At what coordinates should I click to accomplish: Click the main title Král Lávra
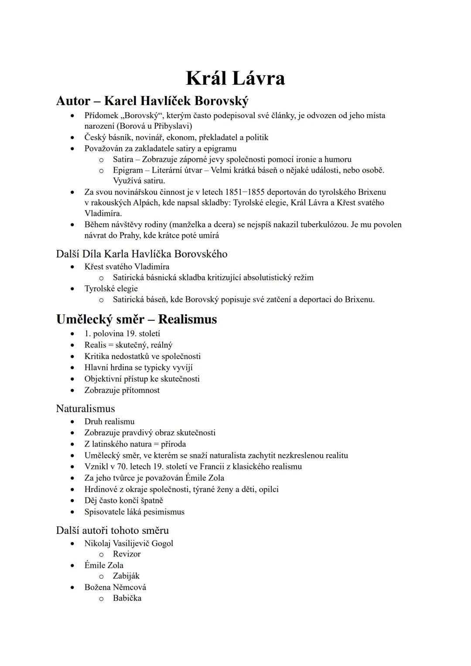click(x=235, y=79)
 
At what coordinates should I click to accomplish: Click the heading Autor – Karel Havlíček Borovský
click(x=152, y=101)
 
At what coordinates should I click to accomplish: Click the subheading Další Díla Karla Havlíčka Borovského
click(x=142, y=254)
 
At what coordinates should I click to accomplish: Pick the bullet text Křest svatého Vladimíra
click(x=127, y=266)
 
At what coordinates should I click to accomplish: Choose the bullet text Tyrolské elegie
click(x=111, y=288)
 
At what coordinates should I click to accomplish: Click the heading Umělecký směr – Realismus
click(x=137, y=319)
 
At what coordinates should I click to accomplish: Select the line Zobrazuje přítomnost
click(x=122, y=390)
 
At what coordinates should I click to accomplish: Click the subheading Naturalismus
click(x=85, y=409)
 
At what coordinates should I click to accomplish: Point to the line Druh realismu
click(x=109, y=421)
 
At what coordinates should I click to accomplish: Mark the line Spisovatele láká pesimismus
click(x=134, y=512)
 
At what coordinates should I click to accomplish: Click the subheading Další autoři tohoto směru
click(x=113, y=530)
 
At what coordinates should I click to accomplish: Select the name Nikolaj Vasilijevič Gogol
click(x=129, y=543)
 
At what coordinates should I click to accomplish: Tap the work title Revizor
click(x=126, y=554)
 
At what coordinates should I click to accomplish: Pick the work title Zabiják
click(x=126, y=576)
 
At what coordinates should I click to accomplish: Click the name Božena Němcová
click(x=115, y=587)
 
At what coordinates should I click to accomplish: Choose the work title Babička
click(x=127, y=598)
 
